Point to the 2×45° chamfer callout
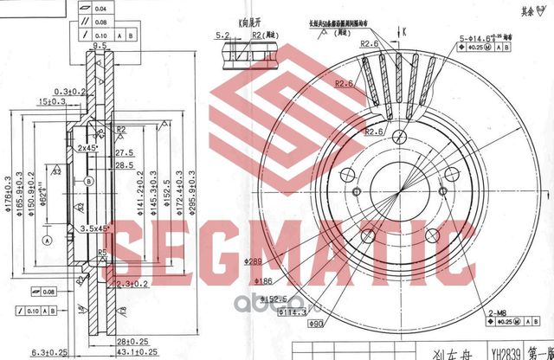[86, 149]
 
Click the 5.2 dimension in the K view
[222, 35]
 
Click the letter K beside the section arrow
[403, 31]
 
